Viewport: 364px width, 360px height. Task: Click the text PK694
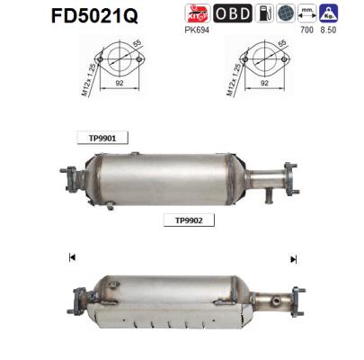click(x=198, y=30)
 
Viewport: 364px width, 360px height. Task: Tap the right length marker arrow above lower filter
click(x=292, y=258)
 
